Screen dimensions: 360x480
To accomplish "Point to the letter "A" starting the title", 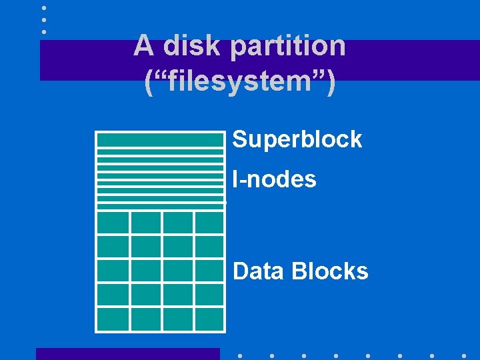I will tap(144, 45).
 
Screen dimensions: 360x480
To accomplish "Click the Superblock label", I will tap(297, 139).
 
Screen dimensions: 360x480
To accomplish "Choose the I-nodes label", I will tap(274, 179).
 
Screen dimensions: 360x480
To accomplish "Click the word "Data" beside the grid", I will tap(259, 271).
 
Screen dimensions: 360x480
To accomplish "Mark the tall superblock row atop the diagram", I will tap(160, 139).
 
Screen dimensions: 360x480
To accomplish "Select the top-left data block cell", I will tap(113, 222).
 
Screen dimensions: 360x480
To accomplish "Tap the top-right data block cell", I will tap(209, 222).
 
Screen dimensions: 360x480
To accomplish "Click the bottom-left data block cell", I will tap(113, 318).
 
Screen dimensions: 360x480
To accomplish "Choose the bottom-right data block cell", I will tap(209, 318).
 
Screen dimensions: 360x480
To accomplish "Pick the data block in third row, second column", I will tap(145, 270).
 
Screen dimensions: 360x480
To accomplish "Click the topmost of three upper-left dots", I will tap(44, 8).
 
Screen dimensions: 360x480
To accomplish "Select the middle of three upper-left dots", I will tap(44, 19).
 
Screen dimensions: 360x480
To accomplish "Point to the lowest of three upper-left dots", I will tap(44, 31).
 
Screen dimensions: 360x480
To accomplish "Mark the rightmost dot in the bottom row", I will tap(464, 355).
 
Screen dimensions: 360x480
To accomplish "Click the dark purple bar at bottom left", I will tap(127, 354).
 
